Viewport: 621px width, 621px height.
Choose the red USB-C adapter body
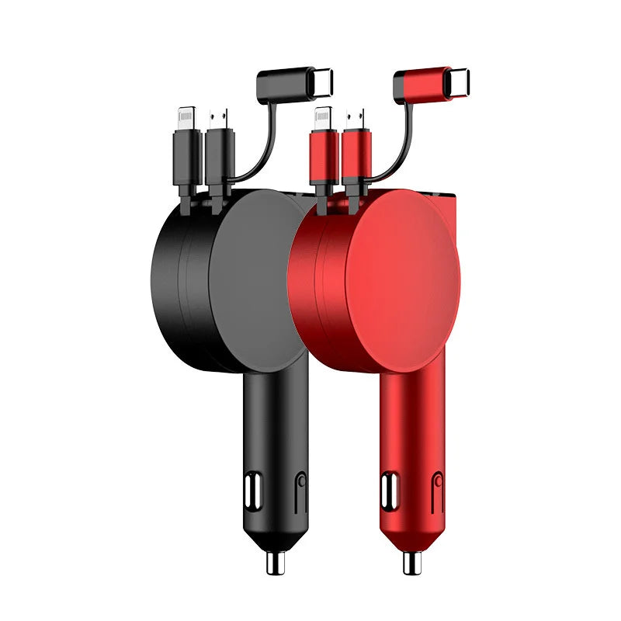point(419,82)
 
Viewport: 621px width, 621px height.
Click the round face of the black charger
point(260,276)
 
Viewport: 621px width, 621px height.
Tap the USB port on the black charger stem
point(252,491)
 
